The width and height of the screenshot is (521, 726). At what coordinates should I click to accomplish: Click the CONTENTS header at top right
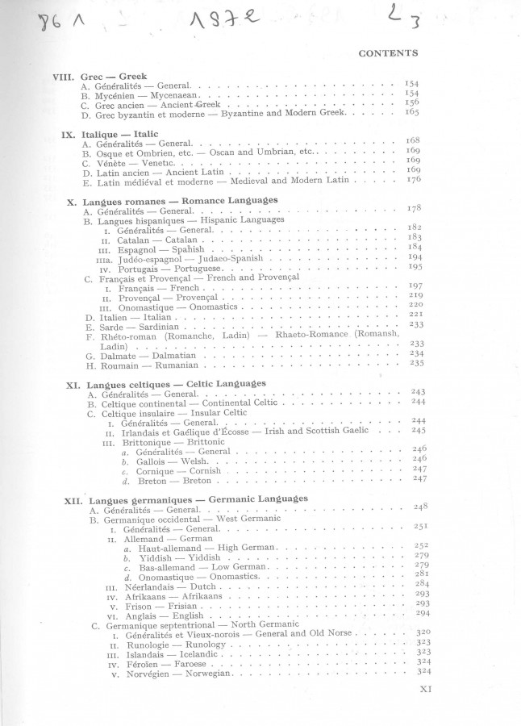click(x=388, y=53)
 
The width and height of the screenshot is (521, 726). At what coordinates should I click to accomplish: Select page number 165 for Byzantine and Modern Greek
click(x=411, y=113)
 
